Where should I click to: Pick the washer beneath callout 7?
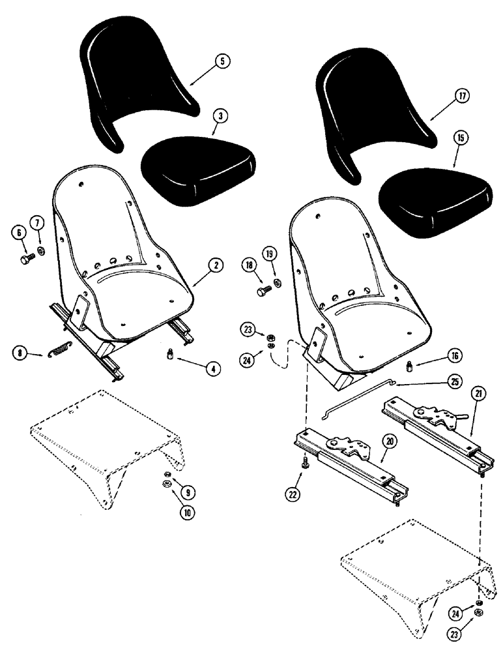point(42,252)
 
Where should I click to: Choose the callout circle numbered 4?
point(214,368)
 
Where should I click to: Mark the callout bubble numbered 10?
point(188,512)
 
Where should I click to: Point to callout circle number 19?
point(269,253)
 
